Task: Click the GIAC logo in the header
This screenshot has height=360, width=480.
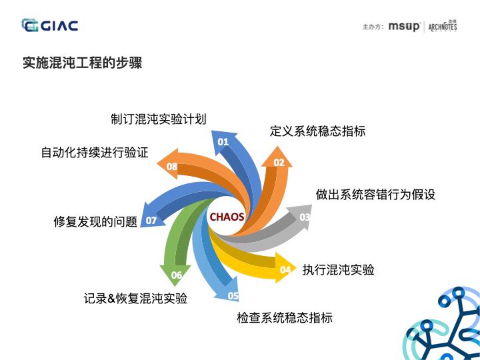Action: coord(50,25)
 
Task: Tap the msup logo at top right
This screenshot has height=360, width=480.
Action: coord(404,27)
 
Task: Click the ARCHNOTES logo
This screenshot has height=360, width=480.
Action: coord(442,27)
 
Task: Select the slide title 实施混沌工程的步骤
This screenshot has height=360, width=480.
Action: coord(82,63)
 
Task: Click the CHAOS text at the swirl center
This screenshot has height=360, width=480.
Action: coord(227,217)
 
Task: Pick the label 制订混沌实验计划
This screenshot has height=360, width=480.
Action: coord(158,119)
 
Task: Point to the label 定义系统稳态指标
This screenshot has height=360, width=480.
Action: coord(317,131)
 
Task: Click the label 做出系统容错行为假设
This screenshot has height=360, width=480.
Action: coord(375,195)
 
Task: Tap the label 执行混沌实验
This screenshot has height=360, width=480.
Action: coord(338,270)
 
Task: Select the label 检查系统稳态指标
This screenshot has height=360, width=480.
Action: coord(285,318)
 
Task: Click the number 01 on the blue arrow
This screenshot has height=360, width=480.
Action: coord(223,141)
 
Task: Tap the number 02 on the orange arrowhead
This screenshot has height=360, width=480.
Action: coord(279,162)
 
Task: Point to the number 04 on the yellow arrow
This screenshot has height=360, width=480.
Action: coord(285,270)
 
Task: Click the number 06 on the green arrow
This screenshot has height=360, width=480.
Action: coord(177,275)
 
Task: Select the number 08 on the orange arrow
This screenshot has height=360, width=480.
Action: coord(172,166)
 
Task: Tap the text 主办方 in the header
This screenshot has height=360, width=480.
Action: coord(373,27)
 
